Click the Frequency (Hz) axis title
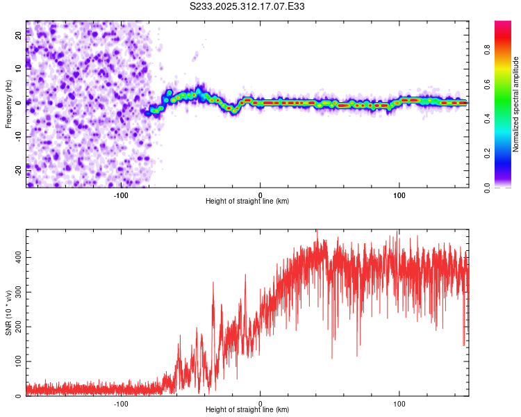[8, 104]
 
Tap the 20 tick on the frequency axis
[19, 37]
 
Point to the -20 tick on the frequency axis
[17, 167]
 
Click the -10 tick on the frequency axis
[17, 135]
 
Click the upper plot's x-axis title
[247, 202]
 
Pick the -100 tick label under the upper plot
[121, 195]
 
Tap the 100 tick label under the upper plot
[399, 195]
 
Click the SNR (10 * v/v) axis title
[8, 313]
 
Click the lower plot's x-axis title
[247, 410]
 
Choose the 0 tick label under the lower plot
[260, 403]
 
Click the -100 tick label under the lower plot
[121, 403]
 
